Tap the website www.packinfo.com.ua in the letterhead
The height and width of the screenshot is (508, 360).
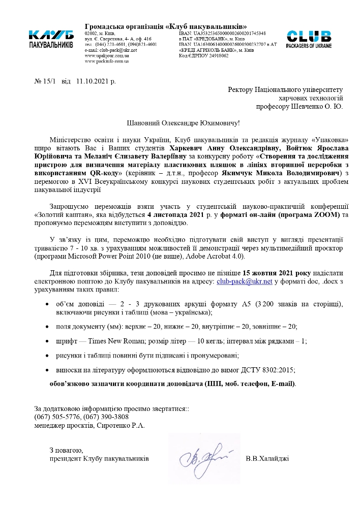(106, 61)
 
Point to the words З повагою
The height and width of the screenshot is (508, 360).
(66, 450)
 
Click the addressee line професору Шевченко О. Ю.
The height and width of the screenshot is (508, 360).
(299, 107)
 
